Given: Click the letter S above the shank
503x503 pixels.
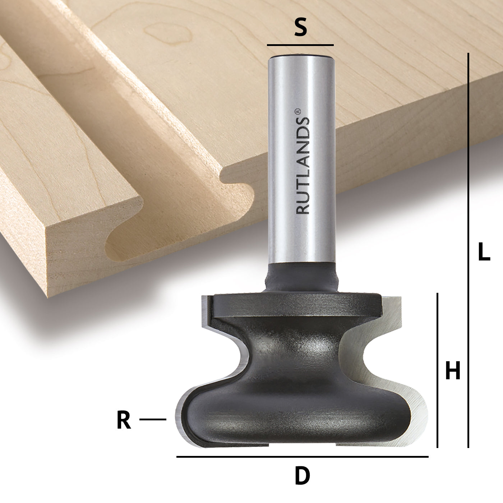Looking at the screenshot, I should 300,28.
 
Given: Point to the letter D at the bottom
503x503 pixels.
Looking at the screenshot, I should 302,476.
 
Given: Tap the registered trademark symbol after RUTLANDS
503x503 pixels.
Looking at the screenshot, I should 297,112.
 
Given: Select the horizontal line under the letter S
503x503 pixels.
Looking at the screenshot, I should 300,45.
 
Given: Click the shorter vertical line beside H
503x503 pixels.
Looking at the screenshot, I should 437,370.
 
